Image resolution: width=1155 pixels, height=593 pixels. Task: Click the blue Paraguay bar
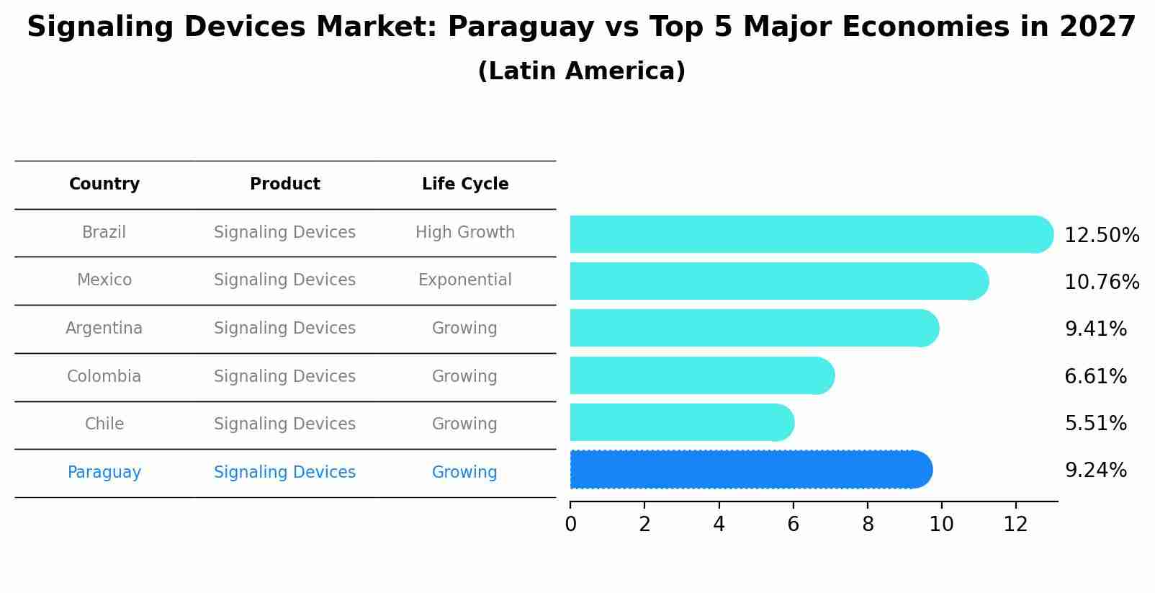(x=749, y=470)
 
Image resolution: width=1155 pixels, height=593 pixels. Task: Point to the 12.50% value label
(x=1102, y=236)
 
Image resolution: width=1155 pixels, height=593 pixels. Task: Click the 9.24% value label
(x=1095, y=471)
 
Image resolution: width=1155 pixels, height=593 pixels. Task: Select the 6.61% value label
(x=1095, y=376)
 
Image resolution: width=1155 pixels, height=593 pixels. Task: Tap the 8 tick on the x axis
(x=868, y=524)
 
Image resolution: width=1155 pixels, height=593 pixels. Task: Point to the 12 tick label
(x=1015, y=524)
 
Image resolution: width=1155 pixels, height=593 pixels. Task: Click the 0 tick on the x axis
(x=570, y=524)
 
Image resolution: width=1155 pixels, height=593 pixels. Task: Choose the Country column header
(x=104, y=184)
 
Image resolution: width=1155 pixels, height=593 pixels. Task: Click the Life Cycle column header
(x=465, y=184)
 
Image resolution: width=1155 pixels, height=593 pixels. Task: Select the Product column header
(x=285, y=184)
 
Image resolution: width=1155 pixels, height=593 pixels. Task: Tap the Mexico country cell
(x=104, y=280)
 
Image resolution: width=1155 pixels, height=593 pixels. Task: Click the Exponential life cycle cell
(x=465, y=280)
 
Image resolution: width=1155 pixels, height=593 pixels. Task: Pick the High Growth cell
(x=465, y=233)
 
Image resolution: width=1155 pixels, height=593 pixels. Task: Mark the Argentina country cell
(x=104, y=329)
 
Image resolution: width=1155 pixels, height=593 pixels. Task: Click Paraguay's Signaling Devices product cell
(x=285, y=473)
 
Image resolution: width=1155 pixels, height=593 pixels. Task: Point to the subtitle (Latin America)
(x=581, y=71)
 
